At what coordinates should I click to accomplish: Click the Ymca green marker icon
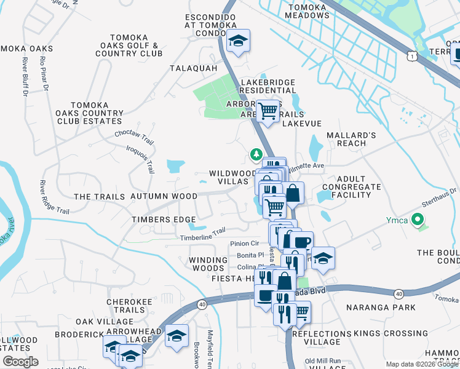(418, 220)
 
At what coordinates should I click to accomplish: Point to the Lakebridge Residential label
(268, 85)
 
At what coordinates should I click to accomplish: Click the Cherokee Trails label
(125, 306)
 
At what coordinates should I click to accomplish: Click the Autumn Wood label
(164, 196)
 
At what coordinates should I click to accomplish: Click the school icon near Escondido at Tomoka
(238, 41)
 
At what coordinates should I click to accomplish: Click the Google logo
(20, 361)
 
